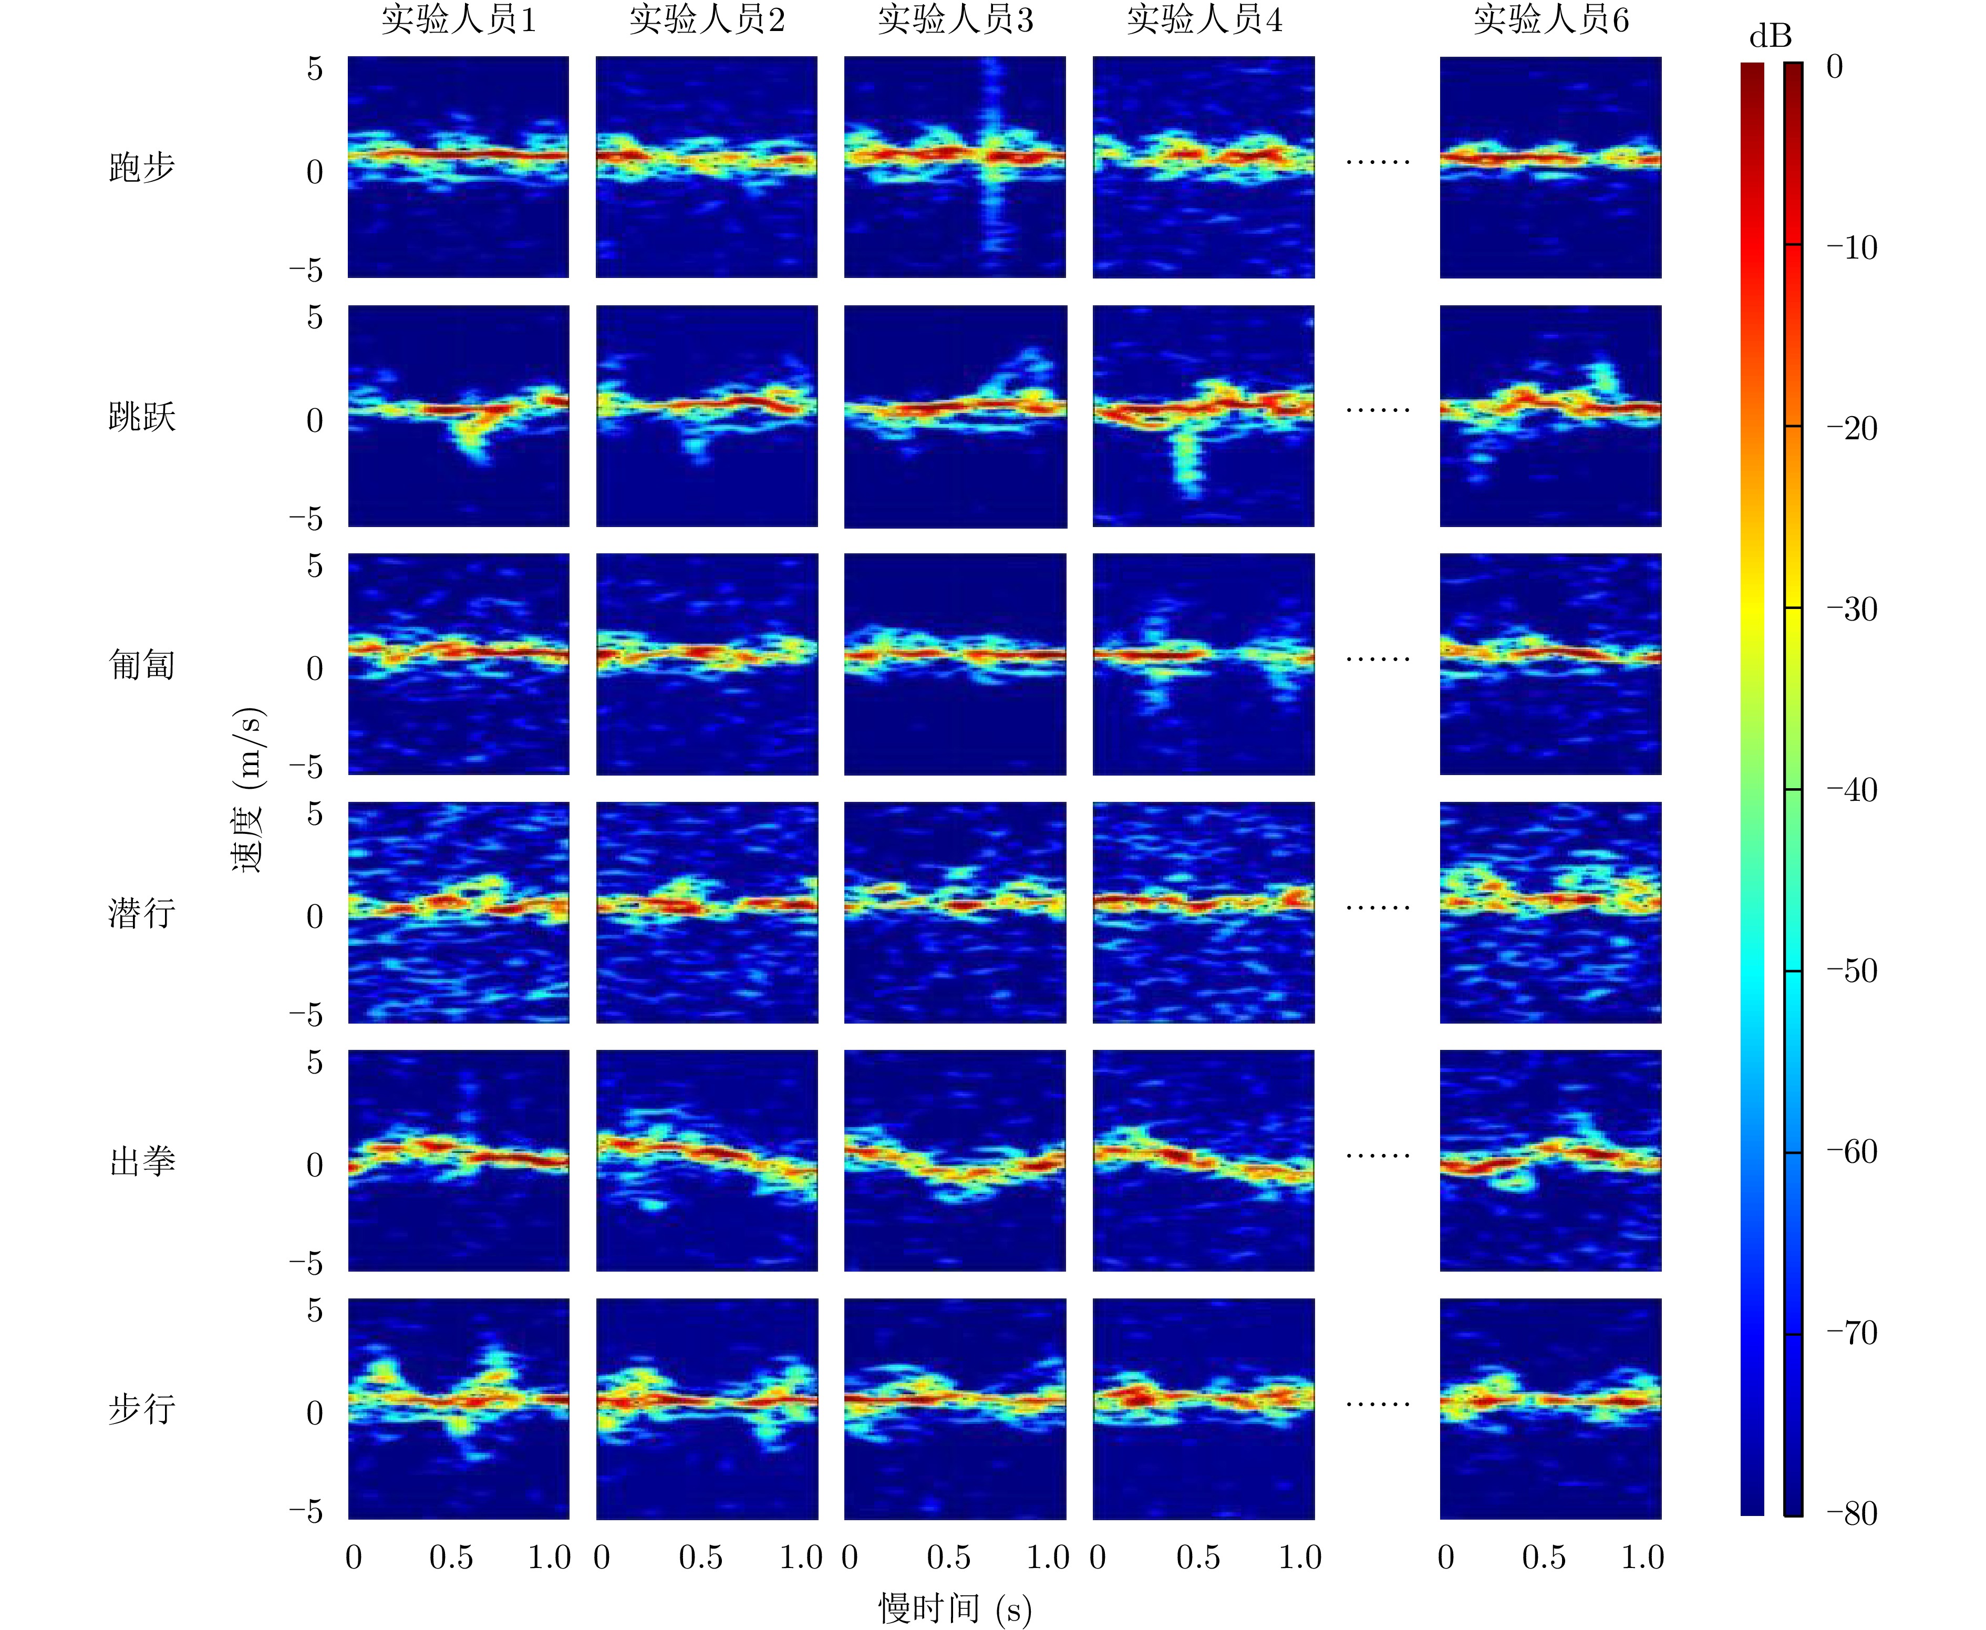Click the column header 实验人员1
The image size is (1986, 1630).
[459, 20]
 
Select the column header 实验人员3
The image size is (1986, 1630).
[956, 20]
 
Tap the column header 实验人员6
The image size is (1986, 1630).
[1550, 20]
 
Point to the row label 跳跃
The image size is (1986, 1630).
[142, 416]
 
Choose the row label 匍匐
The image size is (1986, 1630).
[142, 665]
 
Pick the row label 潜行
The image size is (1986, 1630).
[142, 913]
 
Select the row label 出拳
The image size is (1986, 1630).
[142, 1161]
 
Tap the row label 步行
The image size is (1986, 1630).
[142, 1409]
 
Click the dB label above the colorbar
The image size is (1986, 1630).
[1770, 37]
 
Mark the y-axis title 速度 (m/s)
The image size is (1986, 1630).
[249, 790]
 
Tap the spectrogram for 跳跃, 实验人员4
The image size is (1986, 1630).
[1203, 416]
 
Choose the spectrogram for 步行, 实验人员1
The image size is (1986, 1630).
[458, 1408]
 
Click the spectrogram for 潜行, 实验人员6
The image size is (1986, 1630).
[1550, 913]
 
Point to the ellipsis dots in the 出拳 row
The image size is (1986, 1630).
[1378, 1156]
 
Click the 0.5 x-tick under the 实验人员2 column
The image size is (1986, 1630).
[700, 1557]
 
